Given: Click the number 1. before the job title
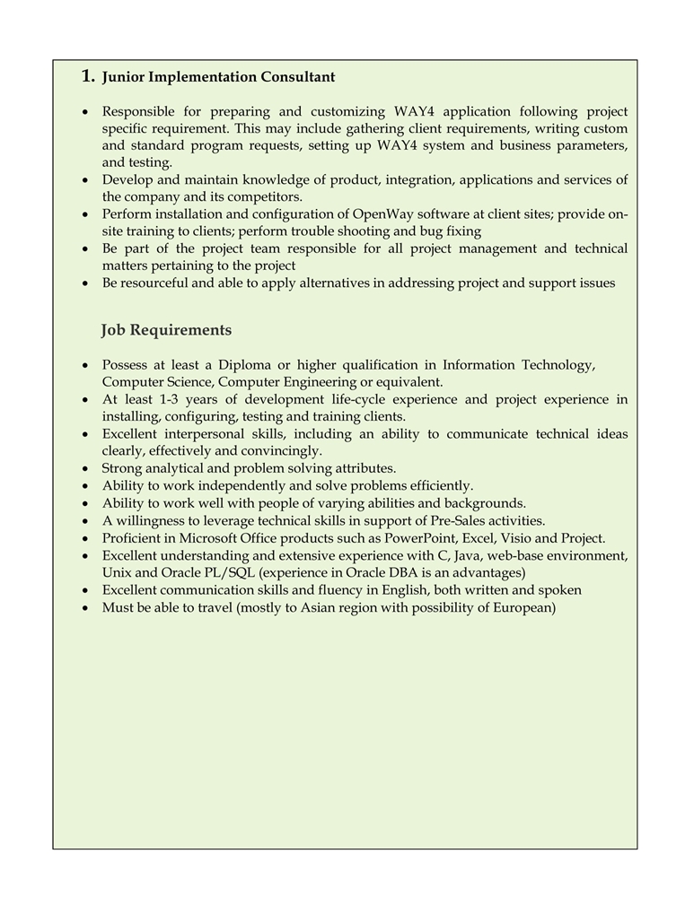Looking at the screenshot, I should pyautogui.click(x=88, y=76).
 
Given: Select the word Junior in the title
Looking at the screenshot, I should pyautogui.click(x=122, y=77).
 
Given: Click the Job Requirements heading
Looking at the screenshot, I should pyautogui.click(x=166, y=330).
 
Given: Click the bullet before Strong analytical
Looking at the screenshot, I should pyautogui.click(x=84, y=469).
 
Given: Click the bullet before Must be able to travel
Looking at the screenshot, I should pyautogui.click(x=84, y=608).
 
